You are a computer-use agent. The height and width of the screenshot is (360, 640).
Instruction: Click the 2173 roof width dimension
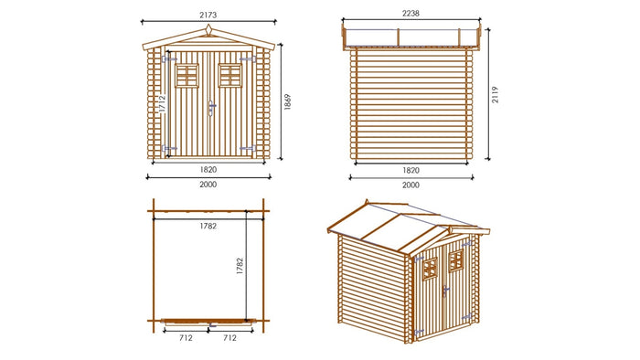(x=209, y=15)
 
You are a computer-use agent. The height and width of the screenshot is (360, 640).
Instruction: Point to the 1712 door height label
(x=161, y=104)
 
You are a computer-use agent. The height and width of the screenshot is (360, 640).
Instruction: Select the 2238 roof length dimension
(x=411, y=15)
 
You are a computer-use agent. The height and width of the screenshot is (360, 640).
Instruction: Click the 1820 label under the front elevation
(x=209, y=170)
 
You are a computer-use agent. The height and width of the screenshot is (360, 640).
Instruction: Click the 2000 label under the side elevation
(x=411, y=185)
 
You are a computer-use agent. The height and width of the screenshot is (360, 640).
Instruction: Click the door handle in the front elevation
(x=211, y=109)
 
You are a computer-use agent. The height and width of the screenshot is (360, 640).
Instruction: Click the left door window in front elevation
(x=188, y=76)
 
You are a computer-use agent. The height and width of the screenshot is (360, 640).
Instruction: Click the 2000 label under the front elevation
(x=209, y=185)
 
